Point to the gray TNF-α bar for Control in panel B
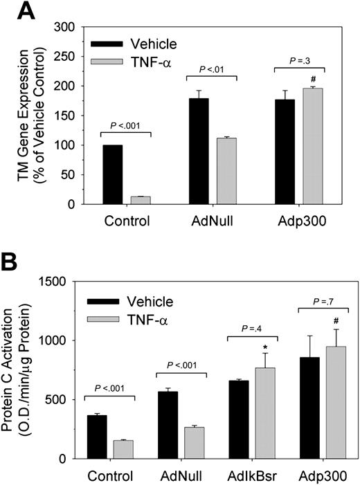click(123, 449)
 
